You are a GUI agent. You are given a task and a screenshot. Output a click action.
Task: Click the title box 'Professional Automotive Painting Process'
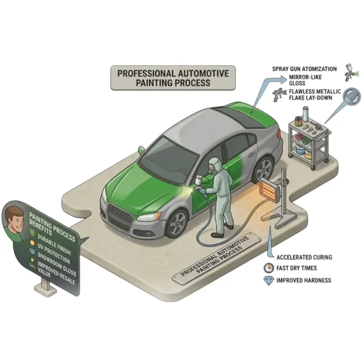click(x=173, y=78)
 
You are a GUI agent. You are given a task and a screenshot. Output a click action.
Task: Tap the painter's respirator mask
click(x=212, y=170)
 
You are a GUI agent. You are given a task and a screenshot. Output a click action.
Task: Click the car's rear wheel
click(x=264, y=169)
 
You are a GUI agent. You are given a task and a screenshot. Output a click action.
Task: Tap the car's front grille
click(x=119, y=216)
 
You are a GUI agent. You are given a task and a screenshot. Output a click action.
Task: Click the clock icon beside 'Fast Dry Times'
click(x=269, y=268)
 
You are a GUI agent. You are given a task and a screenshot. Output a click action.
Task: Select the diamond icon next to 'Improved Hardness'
click(x=269, y=280)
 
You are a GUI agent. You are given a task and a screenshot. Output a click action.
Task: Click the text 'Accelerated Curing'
click(x=304, y=257)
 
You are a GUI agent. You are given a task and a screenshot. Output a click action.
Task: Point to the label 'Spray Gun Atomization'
click(x=304, y=69)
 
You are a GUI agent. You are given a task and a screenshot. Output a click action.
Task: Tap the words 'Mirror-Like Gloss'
click(x=305, y=80)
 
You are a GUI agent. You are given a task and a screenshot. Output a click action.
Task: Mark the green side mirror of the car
click(x=141, y=150)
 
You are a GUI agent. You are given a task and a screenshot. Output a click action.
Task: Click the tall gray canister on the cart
click(x=305, y=114)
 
